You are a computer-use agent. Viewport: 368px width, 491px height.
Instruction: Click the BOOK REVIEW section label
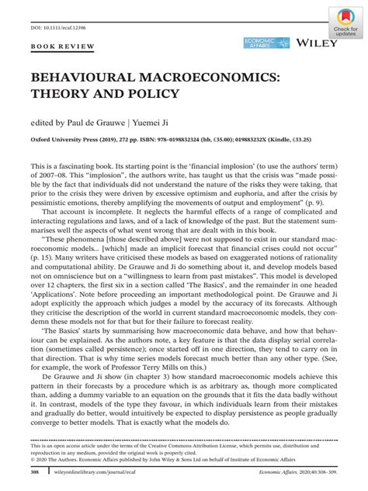coord(61,47)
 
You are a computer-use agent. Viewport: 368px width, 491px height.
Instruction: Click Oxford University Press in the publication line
coord(68,141)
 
